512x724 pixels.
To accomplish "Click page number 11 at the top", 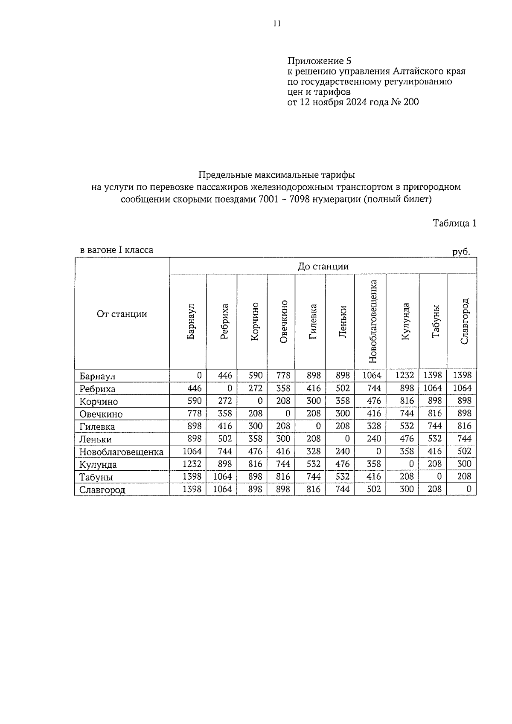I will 277,24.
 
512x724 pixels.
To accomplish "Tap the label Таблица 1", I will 454,223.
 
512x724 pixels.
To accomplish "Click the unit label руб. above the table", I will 461,252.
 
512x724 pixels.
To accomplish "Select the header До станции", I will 323,266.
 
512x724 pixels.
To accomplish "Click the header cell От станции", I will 122,314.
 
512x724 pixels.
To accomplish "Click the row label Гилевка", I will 97,426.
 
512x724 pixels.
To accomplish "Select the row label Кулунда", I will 98,464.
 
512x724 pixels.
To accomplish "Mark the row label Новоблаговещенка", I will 121,452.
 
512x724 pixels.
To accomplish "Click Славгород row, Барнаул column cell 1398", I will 192,489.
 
